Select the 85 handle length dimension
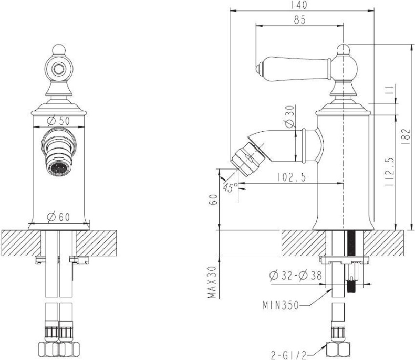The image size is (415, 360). pyautogui.click(x=299, y=20)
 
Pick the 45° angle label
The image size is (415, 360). pyautogui.click(x=230, y=188)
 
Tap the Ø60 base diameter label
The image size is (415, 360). pyautogui.click(x=59, y=216)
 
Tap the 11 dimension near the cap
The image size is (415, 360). pyautogui.click(x=388, y=91)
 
